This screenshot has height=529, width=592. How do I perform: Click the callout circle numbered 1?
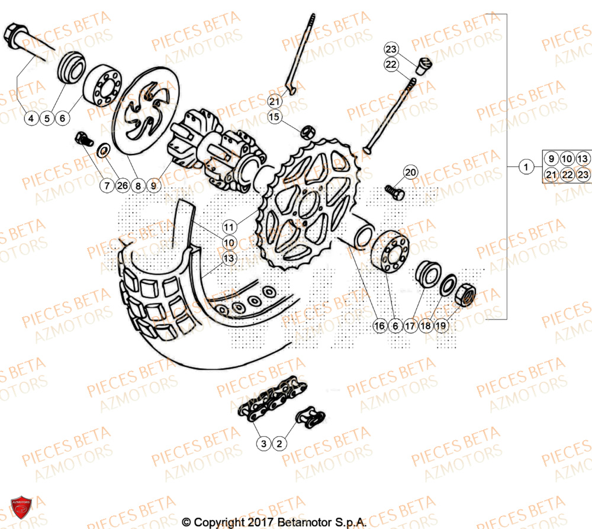click(525, 167)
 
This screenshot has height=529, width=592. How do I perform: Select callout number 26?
click(122, 186)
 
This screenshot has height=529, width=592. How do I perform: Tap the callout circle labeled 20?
click(411, 173)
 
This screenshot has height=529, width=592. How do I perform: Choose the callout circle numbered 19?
click(440, 325)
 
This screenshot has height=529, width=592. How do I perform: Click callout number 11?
click(230, 227)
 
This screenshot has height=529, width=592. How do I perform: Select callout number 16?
click(379, 325)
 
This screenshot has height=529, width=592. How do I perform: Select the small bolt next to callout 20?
click(393, 191)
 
